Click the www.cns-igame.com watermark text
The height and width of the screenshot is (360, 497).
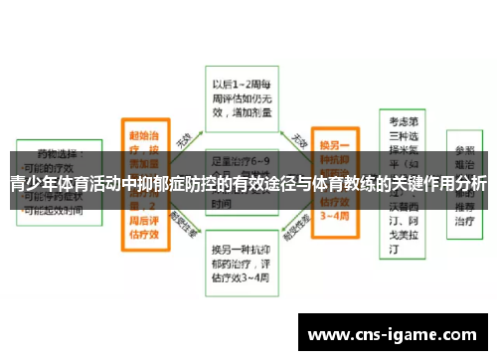(x=397, y=334)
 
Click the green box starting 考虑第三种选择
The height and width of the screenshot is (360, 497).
(x=406, y=179)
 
